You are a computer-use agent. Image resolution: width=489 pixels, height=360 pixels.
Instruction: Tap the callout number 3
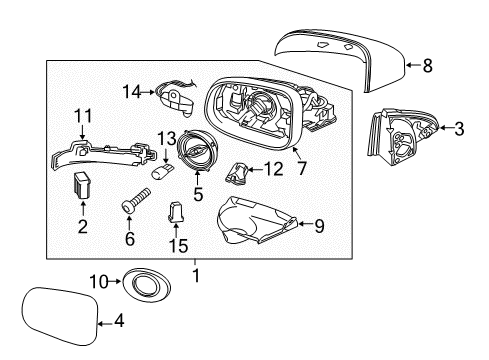459,128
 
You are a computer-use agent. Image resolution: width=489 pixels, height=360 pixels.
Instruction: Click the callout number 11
82,116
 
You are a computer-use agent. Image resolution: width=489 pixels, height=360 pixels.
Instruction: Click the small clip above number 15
177,212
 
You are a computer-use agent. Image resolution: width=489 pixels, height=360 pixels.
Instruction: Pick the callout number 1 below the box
197,272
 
